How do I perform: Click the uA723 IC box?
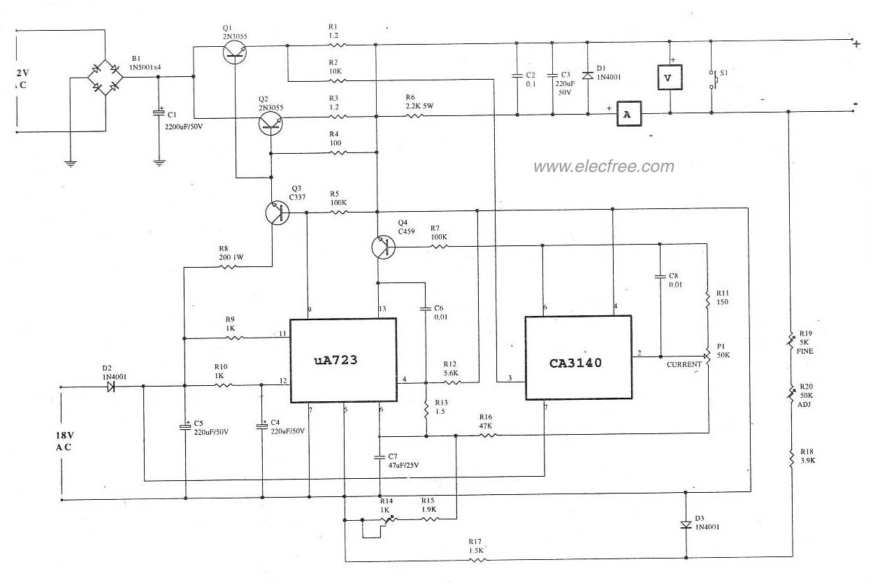pos(343,360)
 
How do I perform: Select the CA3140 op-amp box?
pos(578,357)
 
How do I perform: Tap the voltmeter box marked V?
pos(668,78)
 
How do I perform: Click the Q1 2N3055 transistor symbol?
pos(236,52)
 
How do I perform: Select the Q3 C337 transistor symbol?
pos(277,213)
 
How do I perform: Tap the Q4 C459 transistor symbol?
pos(382,246)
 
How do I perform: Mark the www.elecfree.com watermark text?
pos(604,166)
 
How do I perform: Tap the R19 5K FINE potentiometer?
pos(791,341)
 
